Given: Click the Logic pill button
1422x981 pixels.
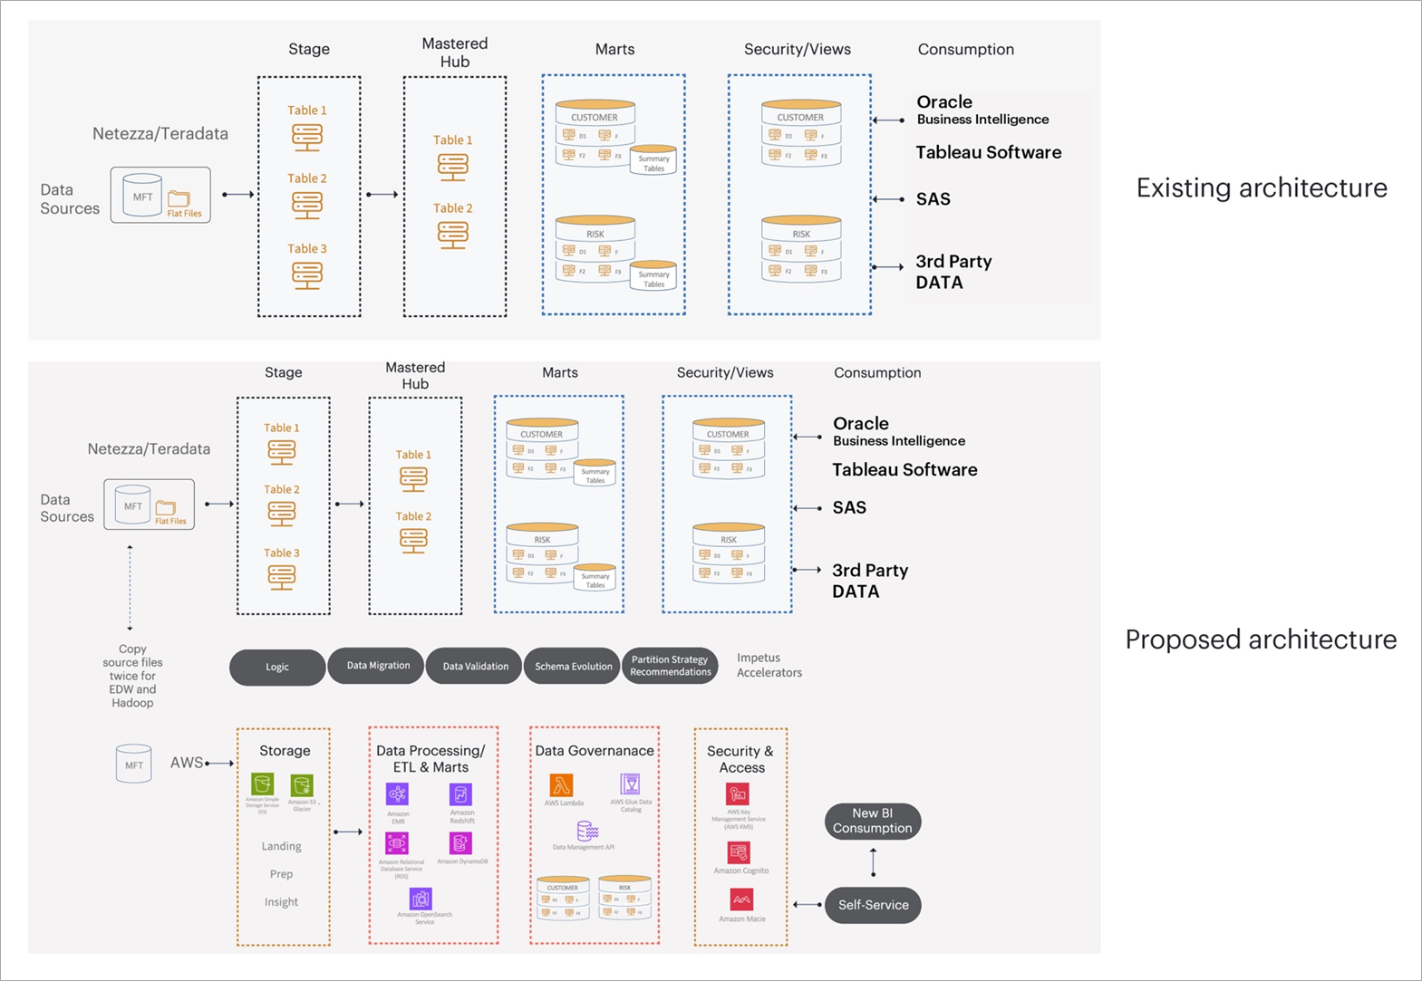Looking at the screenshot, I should point(277,667).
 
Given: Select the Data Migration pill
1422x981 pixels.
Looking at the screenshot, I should point(378,666).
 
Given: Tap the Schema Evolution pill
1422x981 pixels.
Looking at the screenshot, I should point(573,666).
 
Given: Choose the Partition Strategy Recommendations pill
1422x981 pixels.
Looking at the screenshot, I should point(671,666).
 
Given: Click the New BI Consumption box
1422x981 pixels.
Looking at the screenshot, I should point(873,821).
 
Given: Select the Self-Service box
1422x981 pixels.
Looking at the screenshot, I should point(873,905).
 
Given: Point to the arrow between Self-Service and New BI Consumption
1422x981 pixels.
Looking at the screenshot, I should point(873,862).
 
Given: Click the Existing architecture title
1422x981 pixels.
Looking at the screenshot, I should point(1262,188).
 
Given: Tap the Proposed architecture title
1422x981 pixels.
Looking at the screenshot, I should point(1261,640).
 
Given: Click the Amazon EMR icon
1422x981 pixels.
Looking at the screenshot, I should point(398,794).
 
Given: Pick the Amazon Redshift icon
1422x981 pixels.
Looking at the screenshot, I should point(460,794).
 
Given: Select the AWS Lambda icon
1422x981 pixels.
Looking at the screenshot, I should point(562,784).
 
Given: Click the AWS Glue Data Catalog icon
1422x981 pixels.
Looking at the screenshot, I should point(630,784).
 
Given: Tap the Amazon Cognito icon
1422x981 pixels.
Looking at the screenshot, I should point(739,852).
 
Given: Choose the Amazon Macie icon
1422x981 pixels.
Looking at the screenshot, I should point(741,899).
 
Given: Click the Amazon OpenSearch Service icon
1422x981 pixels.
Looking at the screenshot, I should point(421,899).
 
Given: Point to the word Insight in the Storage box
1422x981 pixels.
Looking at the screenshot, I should point(281,902).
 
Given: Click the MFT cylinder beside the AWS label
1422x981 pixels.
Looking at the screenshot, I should point(134,764).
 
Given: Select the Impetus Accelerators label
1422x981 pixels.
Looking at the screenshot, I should point(769,665).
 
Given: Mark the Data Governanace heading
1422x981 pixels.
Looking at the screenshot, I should point(595,751).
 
